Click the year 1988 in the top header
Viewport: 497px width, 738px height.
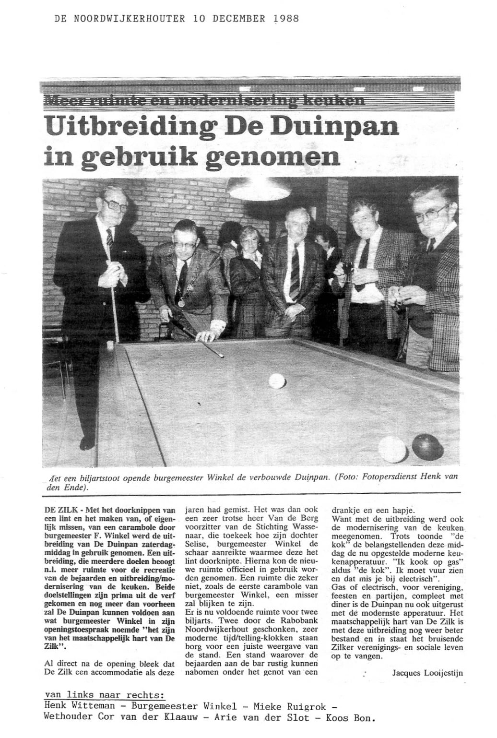(286, 19)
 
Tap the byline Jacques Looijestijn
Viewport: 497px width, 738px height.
(428, 673)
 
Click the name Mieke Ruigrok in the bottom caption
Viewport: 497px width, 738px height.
(296, 706)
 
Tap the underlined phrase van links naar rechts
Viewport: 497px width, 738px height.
(103, 694)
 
